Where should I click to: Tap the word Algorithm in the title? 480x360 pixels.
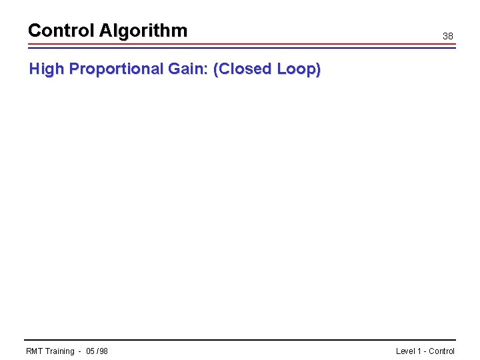pos(143,31)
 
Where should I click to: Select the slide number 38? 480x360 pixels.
pos(448,36)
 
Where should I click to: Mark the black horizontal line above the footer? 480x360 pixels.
pos(240,340)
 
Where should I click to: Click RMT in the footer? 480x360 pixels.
pos(35,351)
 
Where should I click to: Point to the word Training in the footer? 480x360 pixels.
pos(60,351)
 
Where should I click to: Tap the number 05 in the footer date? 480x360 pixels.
pos(91,351)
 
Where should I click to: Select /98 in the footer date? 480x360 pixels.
pos(102,351)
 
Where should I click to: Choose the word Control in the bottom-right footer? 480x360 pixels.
pos(442,351)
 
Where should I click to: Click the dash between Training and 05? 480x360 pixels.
pos(79,351)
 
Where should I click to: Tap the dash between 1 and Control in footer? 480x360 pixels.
pos(425,351)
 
